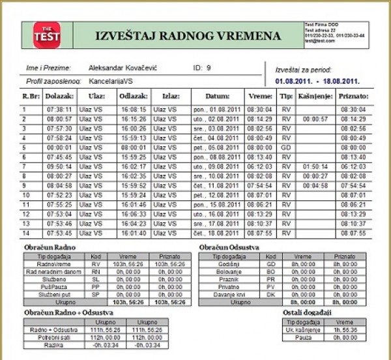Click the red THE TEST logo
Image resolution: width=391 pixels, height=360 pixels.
pyautogui.click(x=46, y=35)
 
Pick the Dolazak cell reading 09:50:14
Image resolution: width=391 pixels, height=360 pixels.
pyautogui.click(x=59, y=166)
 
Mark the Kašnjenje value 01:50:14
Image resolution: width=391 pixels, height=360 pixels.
pyautogui.click(x=315, y=166)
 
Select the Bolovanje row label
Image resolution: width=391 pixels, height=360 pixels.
pyautogui.click(x=231, y=271)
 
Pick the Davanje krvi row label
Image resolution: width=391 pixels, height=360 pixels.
pyautogui.click(x=231, y=293)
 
